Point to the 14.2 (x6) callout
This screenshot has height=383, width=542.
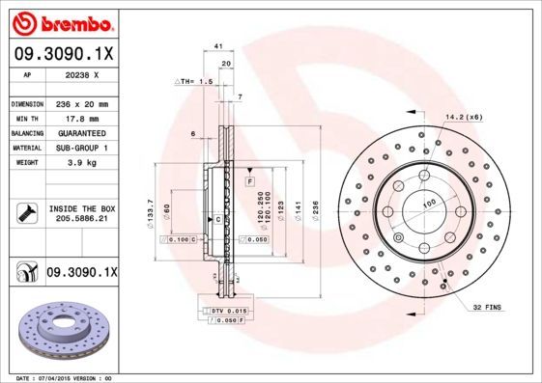[x=464, y=117]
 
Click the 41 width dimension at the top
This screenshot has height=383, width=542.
[x=218, y=46]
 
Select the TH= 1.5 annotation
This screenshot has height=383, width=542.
[x=192, y=83]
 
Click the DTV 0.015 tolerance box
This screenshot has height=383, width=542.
[x=228, y=310]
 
